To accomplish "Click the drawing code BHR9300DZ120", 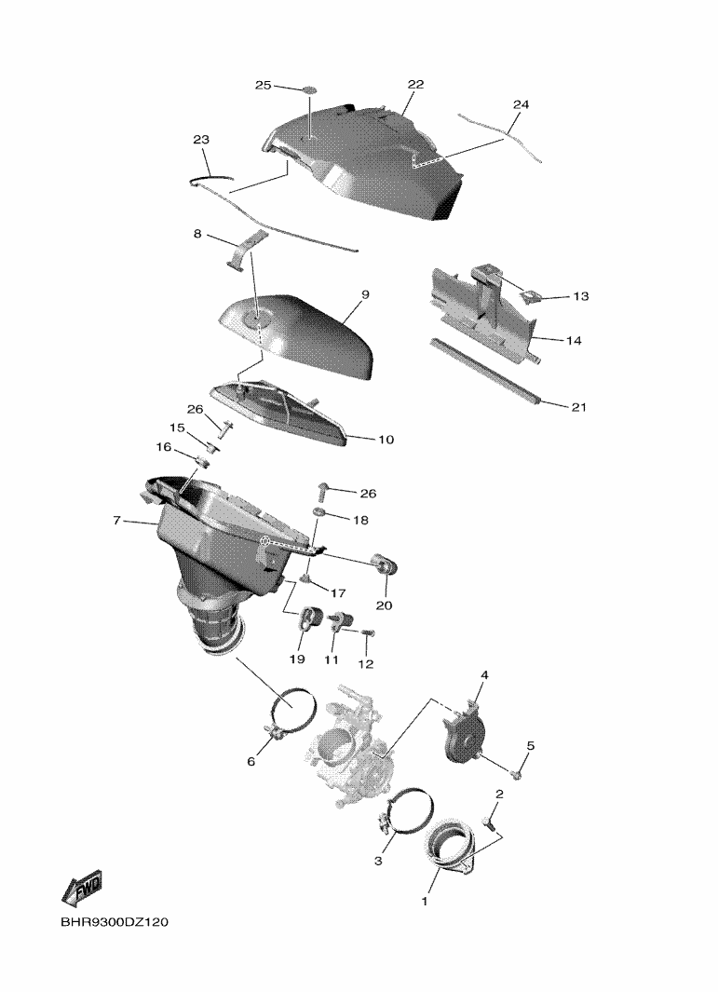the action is [115, 922].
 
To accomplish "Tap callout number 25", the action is [264, 85].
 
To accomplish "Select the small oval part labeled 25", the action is [309, 89].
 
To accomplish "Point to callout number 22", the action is [415, 84].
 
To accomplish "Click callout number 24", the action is [521, 104].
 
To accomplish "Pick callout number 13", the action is [581, 296].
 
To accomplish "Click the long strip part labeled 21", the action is [485, 372].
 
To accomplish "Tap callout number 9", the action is [366, 294].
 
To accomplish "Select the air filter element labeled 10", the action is [278, 413].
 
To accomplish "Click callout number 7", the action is [116, 521].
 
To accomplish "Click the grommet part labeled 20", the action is [384, 563].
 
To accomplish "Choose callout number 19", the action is [297, 659].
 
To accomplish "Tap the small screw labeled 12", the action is [369, 632].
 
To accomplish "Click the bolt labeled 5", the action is [516, 772].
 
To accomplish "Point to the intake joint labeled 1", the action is [452, 848].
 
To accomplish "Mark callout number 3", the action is [378, 861].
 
